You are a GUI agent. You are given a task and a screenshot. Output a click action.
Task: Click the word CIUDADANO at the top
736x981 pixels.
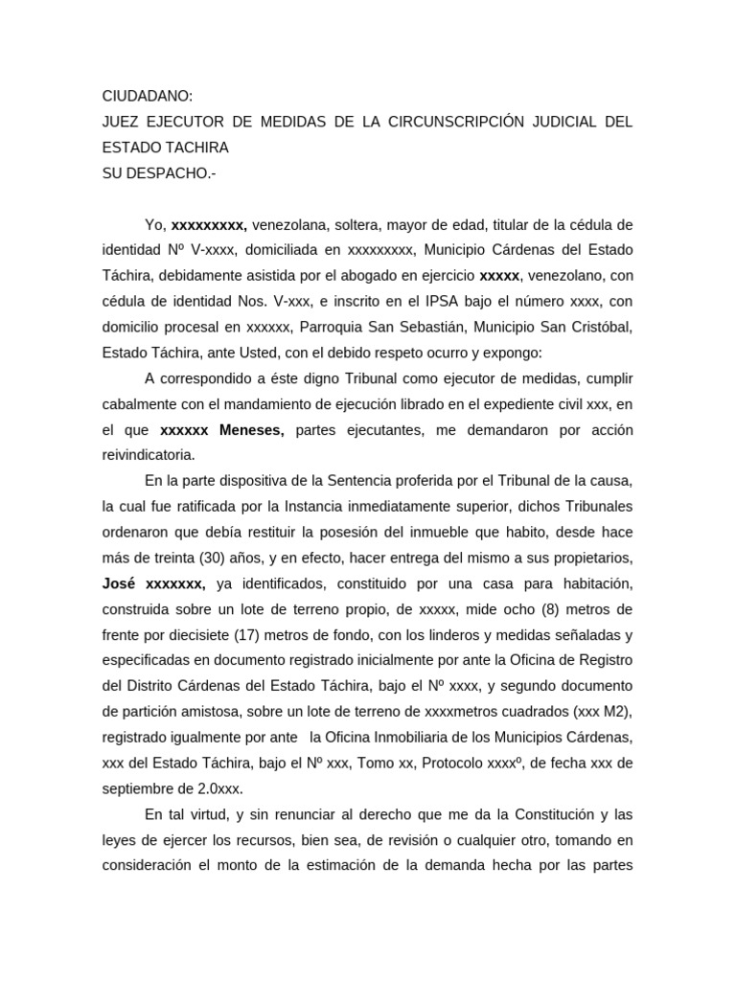click(x=148, y=96)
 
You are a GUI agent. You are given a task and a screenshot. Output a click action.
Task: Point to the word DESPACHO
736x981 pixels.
click(x=169, y=173)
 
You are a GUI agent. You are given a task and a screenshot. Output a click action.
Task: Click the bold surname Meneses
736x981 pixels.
click(x=252, y=430)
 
